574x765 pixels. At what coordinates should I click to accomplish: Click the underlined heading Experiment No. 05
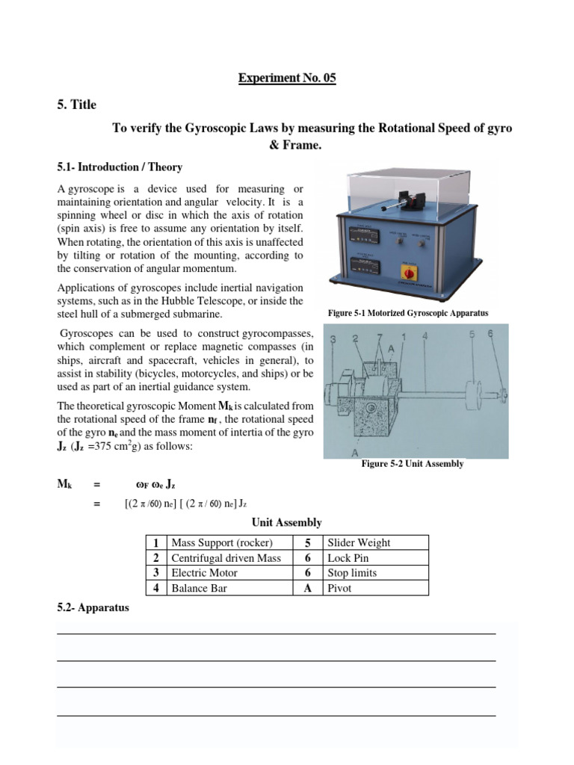[x=287, y=78]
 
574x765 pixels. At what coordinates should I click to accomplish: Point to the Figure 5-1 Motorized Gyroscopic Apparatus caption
[x=408, y=313]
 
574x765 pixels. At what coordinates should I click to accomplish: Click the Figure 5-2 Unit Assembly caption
[x=413, y=464]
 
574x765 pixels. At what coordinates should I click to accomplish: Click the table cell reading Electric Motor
[x=205, y=573]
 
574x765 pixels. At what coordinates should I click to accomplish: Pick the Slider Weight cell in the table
[x=359, y=543]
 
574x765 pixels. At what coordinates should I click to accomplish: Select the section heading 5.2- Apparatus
[x=93, y=607]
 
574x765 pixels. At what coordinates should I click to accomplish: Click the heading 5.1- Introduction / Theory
[x=120, y=167]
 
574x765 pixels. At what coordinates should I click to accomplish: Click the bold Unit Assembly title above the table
[x=287, y=522]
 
